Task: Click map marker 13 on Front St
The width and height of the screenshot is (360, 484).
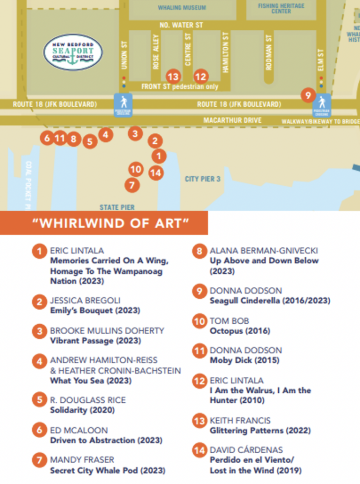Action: tap(173, 76)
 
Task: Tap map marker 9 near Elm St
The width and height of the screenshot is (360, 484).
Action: tap(308, 95)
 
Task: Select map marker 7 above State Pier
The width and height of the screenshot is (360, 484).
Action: tap(132, 185)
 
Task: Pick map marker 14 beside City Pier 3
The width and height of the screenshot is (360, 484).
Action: tap(155, 173)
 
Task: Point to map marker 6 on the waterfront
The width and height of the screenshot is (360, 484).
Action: tap(46, 138)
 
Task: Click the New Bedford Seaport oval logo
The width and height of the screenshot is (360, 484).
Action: tap(72, 52)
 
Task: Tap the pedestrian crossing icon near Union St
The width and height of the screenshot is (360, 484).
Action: tap(123, 104)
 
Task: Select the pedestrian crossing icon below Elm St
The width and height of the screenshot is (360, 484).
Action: tap(323, 105)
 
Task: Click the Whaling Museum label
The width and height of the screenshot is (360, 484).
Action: tap(175, 8)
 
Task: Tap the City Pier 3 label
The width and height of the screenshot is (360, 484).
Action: tap(203, 179)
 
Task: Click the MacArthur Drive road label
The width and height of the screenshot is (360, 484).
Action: tap(232, 121)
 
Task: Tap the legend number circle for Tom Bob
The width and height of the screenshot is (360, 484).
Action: tap(199, 321)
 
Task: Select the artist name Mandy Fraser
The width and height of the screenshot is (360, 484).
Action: tap(82, 460)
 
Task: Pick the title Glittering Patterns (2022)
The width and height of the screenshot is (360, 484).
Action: tap(260, 431)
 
